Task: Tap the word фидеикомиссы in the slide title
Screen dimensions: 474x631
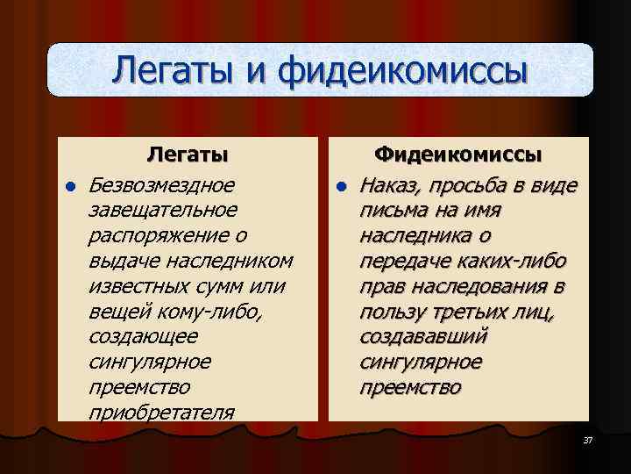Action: [x=403, y=70]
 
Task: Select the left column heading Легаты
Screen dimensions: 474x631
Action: [x=187, y=155]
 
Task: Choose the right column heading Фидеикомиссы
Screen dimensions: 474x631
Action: [x=458, y=155]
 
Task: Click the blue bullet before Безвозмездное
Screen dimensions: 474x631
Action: [x=68, y=186]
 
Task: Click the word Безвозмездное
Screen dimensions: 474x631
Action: [x=162, y=185]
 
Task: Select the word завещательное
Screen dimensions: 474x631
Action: [x=162, y=211]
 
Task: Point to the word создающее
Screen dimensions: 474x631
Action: [x=143, y=337]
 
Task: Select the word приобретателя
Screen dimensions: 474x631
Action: [x=161, y=413]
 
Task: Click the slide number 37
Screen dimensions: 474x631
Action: [x=587, y=440]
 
